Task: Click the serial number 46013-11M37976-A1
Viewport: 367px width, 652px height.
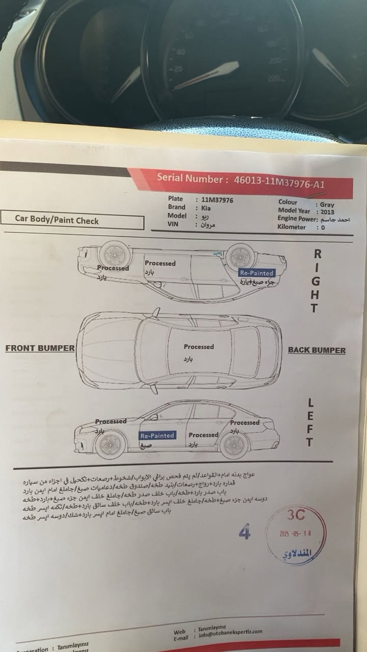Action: point(279,181)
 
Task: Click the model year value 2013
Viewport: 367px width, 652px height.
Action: point(328,211)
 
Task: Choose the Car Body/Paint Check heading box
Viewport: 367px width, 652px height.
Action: point(72,220)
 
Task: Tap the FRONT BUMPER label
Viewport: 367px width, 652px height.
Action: point(40,348)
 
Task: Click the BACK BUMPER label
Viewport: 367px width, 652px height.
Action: point(317,350)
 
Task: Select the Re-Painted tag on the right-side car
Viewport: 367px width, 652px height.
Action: point(257,273)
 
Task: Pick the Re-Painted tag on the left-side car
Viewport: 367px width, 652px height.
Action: point(157,436)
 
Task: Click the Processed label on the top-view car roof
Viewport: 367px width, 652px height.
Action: point(199,346)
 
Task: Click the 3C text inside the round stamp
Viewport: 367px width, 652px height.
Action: point(296,515)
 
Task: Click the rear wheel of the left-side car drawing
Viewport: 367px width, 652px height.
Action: point(234,445)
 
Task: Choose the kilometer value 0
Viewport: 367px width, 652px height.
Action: point(323,227)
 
